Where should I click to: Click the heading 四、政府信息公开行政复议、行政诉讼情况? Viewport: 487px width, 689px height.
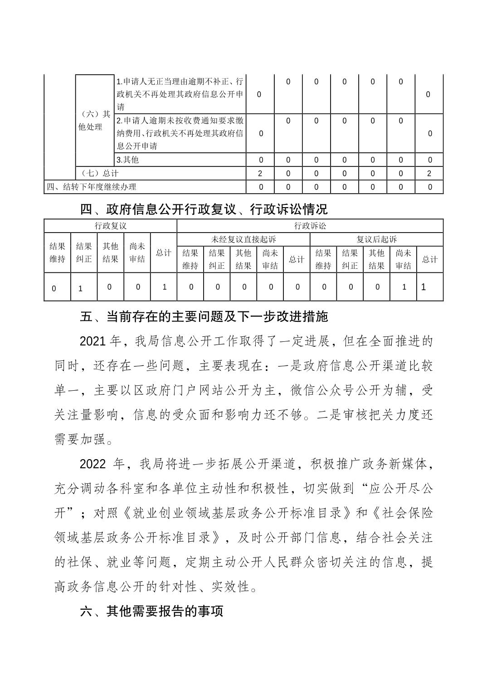pos(204,209)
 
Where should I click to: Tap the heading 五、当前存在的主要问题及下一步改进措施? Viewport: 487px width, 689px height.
pos(204,316)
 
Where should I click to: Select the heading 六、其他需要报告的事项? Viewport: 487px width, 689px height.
pos(152,611)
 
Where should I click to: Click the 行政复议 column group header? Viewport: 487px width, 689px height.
pos(110,226)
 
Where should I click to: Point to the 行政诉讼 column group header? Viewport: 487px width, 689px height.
pos(310,226)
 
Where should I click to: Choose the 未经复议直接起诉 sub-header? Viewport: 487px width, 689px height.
pos(243,239)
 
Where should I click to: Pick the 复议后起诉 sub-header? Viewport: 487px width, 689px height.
pos(376,239)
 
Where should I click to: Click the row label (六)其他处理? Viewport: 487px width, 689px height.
pos(94,121)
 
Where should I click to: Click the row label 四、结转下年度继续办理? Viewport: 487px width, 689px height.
pos(92,187)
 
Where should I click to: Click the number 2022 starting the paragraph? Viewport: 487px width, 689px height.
pos(93,464)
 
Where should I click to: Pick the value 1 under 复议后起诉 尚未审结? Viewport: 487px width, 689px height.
pos(404,287)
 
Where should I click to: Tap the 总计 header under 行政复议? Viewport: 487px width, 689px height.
pos(163,253)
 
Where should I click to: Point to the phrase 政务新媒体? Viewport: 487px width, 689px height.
pos(401,464)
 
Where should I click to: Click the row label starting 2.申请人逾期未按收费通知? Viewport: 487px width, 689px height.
pos(180,133)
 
